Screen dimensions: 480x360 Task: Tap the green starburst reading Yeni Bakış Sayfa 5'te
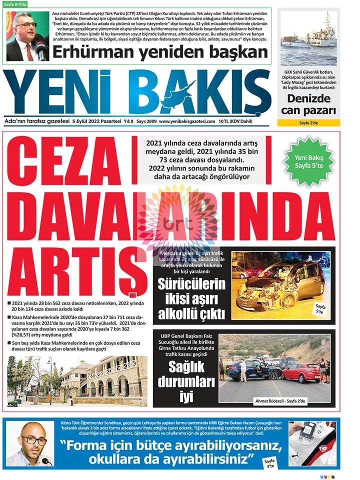[308, 161]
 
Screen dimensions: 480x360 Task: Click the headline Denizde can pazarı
[308, 104]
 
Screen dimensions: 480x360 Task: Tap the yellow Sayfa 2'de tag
[308, 122]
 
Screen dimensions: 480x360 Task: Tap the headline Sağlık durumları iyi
[185, 382]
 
